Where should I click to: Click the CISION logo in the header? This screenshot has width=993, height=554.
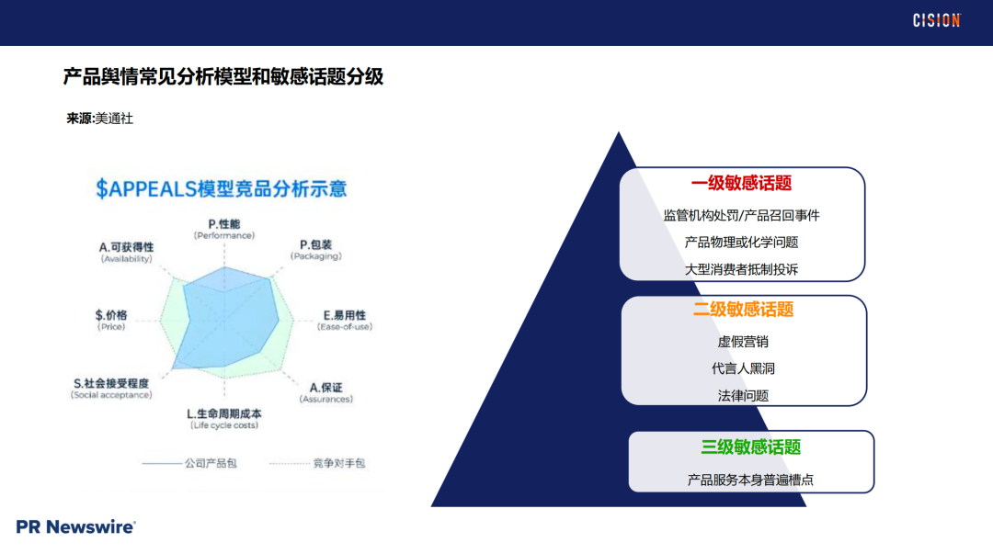point(936,20)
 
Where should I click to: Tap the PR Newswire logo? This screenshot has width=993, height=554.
point(76,526)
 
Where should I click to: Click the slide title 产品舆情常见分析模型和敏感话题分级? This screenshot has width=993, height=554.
point(223,77)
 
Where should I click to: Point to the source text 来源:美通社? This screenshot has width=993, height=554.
point(99,119)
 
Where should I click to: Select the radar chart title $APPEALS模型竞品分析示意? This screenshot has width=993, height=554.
point(222,189)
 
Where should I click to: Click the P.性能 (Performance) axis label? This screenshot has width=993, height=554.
point(223,229)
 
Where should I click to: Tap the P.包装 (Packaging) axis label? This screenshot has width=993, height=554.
point(316,250)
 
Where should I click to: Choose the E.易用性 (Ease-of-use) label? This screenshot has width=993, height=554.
point(344,321)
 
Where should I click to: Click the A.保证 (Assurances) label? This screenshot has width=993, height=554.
point(325,392)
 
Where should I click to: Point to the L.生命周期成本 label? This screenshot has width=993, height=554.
point(223,419)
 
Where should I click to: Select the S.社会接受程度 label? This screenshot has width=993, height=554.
point(111,389)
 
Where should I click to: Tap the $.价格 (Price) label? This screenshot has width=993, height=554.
point(111,321)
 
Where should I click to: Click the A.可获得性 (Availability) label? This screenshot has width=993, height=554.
point(127,253)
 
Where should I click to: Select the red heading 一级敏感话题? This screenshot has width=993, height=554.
point(741,183)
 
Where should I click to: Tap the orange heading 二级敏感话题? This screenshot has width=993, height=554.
point(743,310)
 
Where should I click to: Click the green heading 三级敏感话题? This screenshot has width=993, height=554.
point(750,447)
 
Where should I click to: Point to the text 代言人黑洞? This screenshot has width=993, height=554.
point(743,368)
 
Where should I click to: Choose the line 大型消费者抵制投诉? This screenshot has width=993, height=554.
point(741,269)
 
